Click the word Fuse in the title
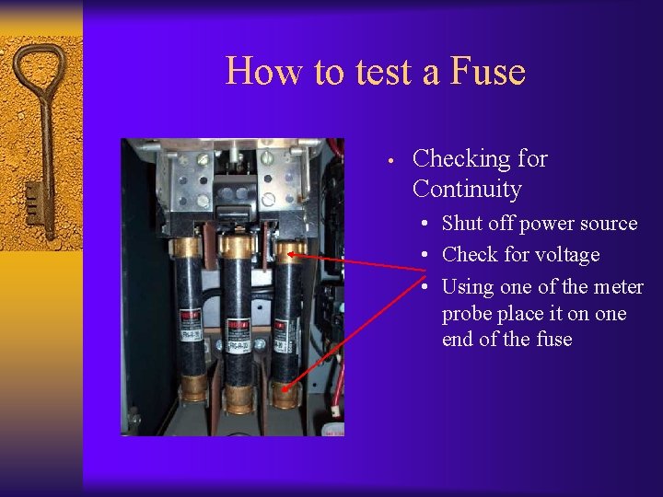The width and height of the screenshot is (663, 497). pyautogui.click(x=488, y=71)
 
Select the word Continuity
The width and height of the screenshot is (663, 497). pyautogui.click(x=467, y=190)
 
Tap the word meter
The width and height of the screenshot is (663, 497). pyautogui.click(x=618, y=287)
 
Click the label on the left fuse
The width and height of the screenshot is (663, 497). pyautogui.click(x=191, y=318)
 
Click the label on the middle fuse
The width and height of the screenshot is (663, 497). pyautogui.click(x=238, y=324)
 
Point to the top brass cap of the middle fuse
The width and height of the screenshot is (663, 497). pyautogui.click(x=238, y=246)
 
